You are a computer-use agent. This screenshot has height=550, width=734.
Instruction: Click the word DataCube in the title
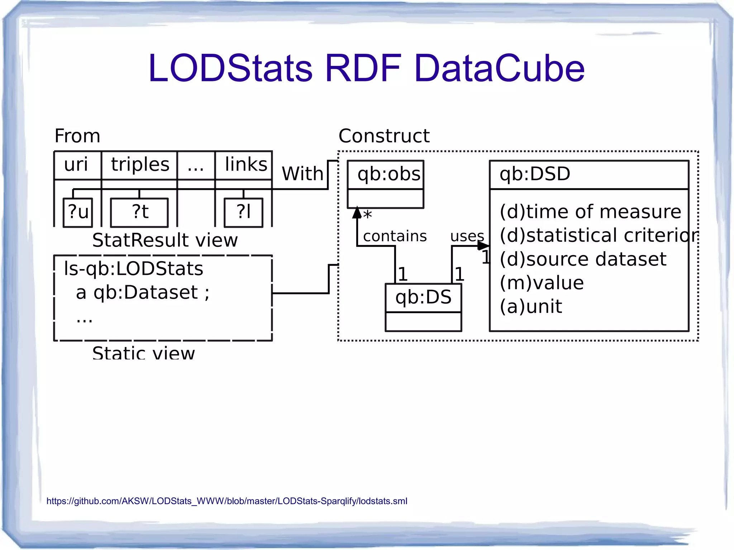click(499, 68)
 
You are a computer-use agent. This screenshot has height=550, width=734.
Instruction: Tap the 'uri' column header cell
click(76, 165)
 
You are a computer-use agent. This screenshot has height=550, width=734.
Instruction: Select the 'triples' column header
click(140, 165)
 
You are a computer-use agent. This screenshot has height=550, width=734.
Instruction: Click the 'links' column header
click(246, 165)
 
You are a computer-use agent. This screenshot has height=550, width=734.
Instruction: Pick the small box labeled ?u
click(78, 212)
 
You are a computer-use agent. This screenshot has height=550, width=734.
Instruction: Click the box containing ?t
click(139, 212)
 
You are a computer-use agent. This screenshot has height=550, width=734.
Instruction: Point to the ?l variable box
click(243, 212)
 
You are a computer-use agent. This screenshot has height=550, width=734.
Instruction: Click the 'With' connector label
click(302, 174)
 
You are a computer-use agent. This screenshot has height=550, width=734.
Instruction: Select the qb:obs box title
click(388, 174)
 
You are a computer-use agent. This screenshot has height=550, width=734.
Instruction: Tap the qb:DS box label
click(423, 297)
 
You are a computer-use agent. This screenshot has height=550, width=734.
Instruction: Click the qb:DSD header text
click(535, 174)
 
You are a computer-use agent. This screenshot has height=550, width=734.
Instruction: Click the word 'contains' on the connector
click(395, 236)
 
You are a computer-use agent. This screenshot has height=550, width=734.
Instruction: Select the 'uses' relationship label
click(467, 236)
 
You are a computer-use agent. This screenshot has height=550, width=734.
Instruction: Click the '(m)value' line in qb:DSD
click(542, 283)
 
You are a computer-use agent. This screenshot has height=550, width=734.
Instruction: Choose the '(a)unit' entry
click(531, 307)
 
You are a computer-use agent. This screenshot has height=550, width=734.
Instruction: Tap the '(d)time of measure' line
click(590, 212)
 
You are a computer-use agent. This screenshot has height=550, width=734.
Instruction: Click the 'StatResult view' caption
click(165, 240)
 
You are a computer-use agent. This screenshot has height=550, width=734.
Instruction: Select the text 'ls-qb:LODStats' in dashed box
click(133, 269)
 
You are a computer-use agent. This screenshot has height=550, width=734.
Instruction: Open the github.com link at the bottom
click(227, 501)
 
